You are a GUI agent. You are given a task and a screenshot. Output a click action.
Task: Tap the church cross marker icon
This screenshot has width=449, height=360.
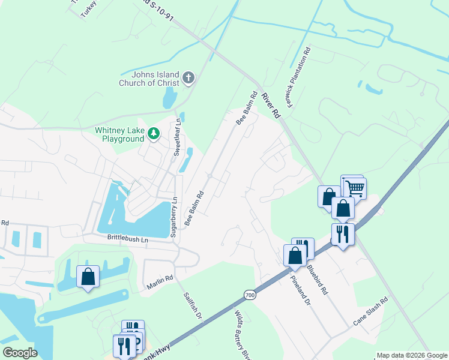[x=188, y=77]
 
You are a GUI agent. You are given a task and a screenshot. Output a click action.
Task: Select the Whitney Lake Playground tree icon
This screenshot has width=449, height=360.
[x=154, y=133]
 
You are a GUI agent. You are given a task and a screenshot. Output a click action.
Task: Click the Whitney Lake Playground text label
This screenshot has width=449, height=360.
[x=119, y=135]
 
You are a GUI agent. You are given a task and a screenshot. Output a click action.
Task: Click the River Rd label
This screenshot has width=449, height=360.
[x=271, y=104]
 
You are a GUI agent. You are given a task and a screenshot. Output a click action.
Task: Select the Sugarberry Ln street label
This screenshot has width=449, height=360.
[x=174, y=217]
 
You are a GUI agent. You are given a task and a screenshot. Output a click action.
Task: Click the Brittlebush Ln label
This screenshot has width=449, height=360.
[x=127, y=238]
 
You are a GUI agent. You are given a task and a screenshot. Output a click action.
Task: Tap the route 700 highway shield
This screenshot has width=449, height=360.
[x=250, y=295]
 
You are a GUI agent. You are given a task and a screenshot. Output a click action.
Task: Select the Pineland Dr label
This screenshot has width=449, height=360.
[x=300, y=291]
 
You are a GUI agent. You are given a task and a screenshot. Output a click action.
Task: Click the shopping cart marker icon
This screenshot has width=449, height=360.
[x=354, y=188]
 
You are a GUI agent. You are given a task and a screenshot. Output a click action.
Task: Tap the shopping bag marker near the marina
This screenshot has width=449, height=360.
[x=88, y=277]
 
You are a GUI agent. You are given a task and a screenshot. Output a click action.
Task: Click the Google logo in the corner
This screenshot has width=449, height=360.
[x=19, y=353]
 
